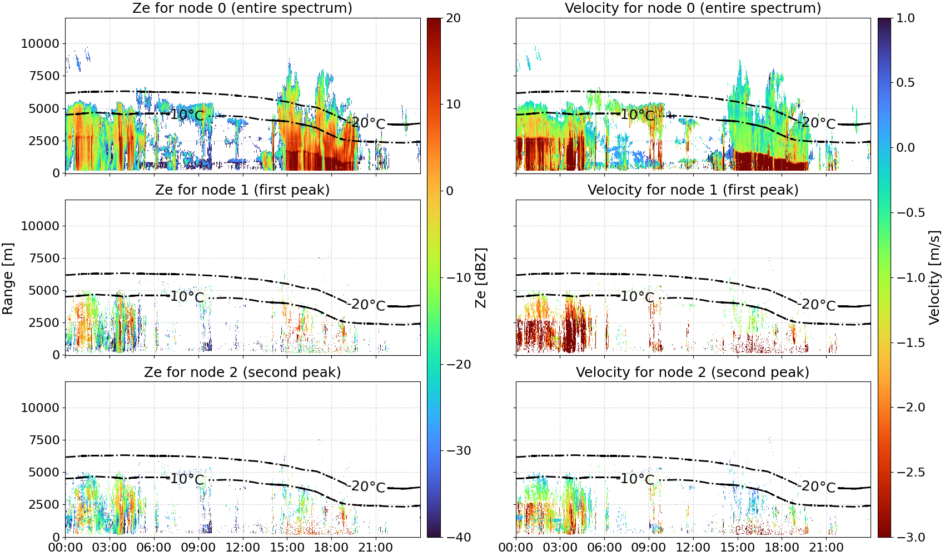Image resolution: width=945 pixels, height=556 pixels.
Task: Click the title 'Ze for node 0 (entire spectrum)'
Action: (x=242, y=8)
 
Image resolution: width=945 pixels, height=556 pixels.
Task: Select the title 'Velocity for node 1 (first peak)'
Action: (x=693, y=190)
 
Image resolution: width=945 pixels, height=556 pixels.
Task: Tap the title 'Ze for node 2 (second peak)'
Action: (x=242, y=372)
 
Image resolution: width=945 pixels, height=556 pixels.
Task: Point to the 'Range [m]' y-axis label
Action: (x=8, y=279)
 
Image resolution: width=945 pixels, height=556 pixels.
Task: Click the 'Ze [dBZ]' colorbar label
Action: (x=480, y=277)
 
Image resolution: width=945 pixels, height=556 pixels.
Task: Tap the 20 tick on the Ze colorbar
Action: (x=453, y=18)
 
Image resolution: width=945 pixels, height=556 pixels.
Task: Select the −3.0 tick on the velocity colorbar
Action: (x=911, y=538)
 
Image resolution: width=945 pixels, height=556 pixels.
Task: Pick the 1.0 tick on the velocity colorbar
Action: (x=906, y=18)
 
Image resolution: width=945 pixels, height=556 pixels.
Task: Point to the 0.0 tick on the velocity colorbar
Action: (x=906, y=148)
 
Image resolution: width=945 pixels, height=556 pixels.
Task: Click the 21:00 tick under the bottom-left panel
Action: (x=375, y=548)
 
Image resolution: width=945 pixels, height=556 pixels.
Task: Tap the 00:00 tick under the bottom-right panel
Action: (x=516, y=548)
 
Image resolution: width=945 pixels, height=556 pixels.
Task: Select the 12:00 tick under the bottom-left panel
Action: (x=242, y=548)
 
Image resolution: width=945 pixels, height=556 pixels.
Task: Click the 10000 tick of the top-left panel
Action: (x=40, y=43)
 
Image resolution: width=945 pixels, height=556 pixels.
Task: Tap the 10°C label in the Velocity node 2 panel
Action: (x=638, y=479)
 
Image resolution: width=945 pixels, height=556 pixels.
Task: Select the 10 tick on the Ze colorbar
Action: (x=453, y=105)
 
